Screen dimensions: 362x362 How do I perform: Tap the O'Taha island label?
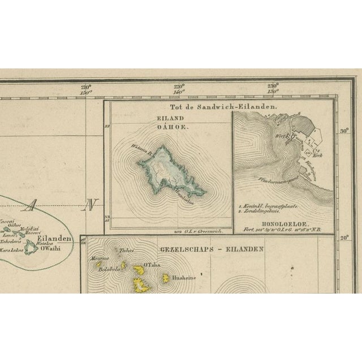pyautogui.click(x=152, y=265)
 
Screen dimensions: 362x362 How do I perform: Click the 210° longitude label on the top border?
pyautogui.click(x=85, y=87)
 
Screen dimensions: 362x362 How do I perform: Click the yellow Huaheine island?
pyautogui.click(x=166, y=278)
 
